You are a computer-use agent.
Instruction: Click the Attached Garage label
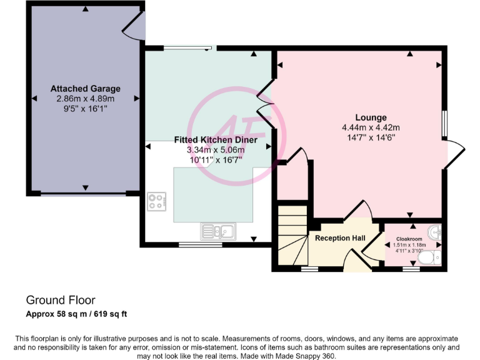86,89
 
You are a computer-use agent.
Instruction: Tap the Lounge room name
371,117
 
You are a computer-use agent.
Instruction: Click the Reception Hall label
339,238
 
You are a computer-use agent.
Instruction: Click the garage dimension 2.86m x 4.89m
86,99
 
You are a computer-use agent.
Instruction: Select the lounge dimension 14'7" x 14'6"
371,137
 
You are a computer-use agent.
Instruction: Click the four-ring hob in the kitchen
157,202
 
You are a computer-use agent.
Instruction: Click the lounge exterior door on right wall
456,155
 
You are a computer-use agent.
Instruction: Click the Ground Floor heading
61,300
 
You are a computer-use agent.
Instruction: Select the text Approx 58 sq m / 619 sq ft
77,314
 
